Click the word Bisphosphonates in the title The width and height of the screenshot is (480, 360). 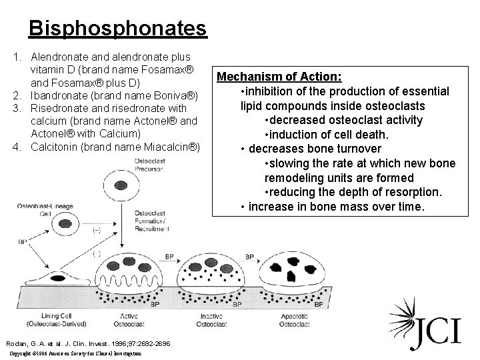(117, 29)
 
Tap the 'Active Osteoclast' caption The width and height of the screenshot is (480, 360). (128, 319)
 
